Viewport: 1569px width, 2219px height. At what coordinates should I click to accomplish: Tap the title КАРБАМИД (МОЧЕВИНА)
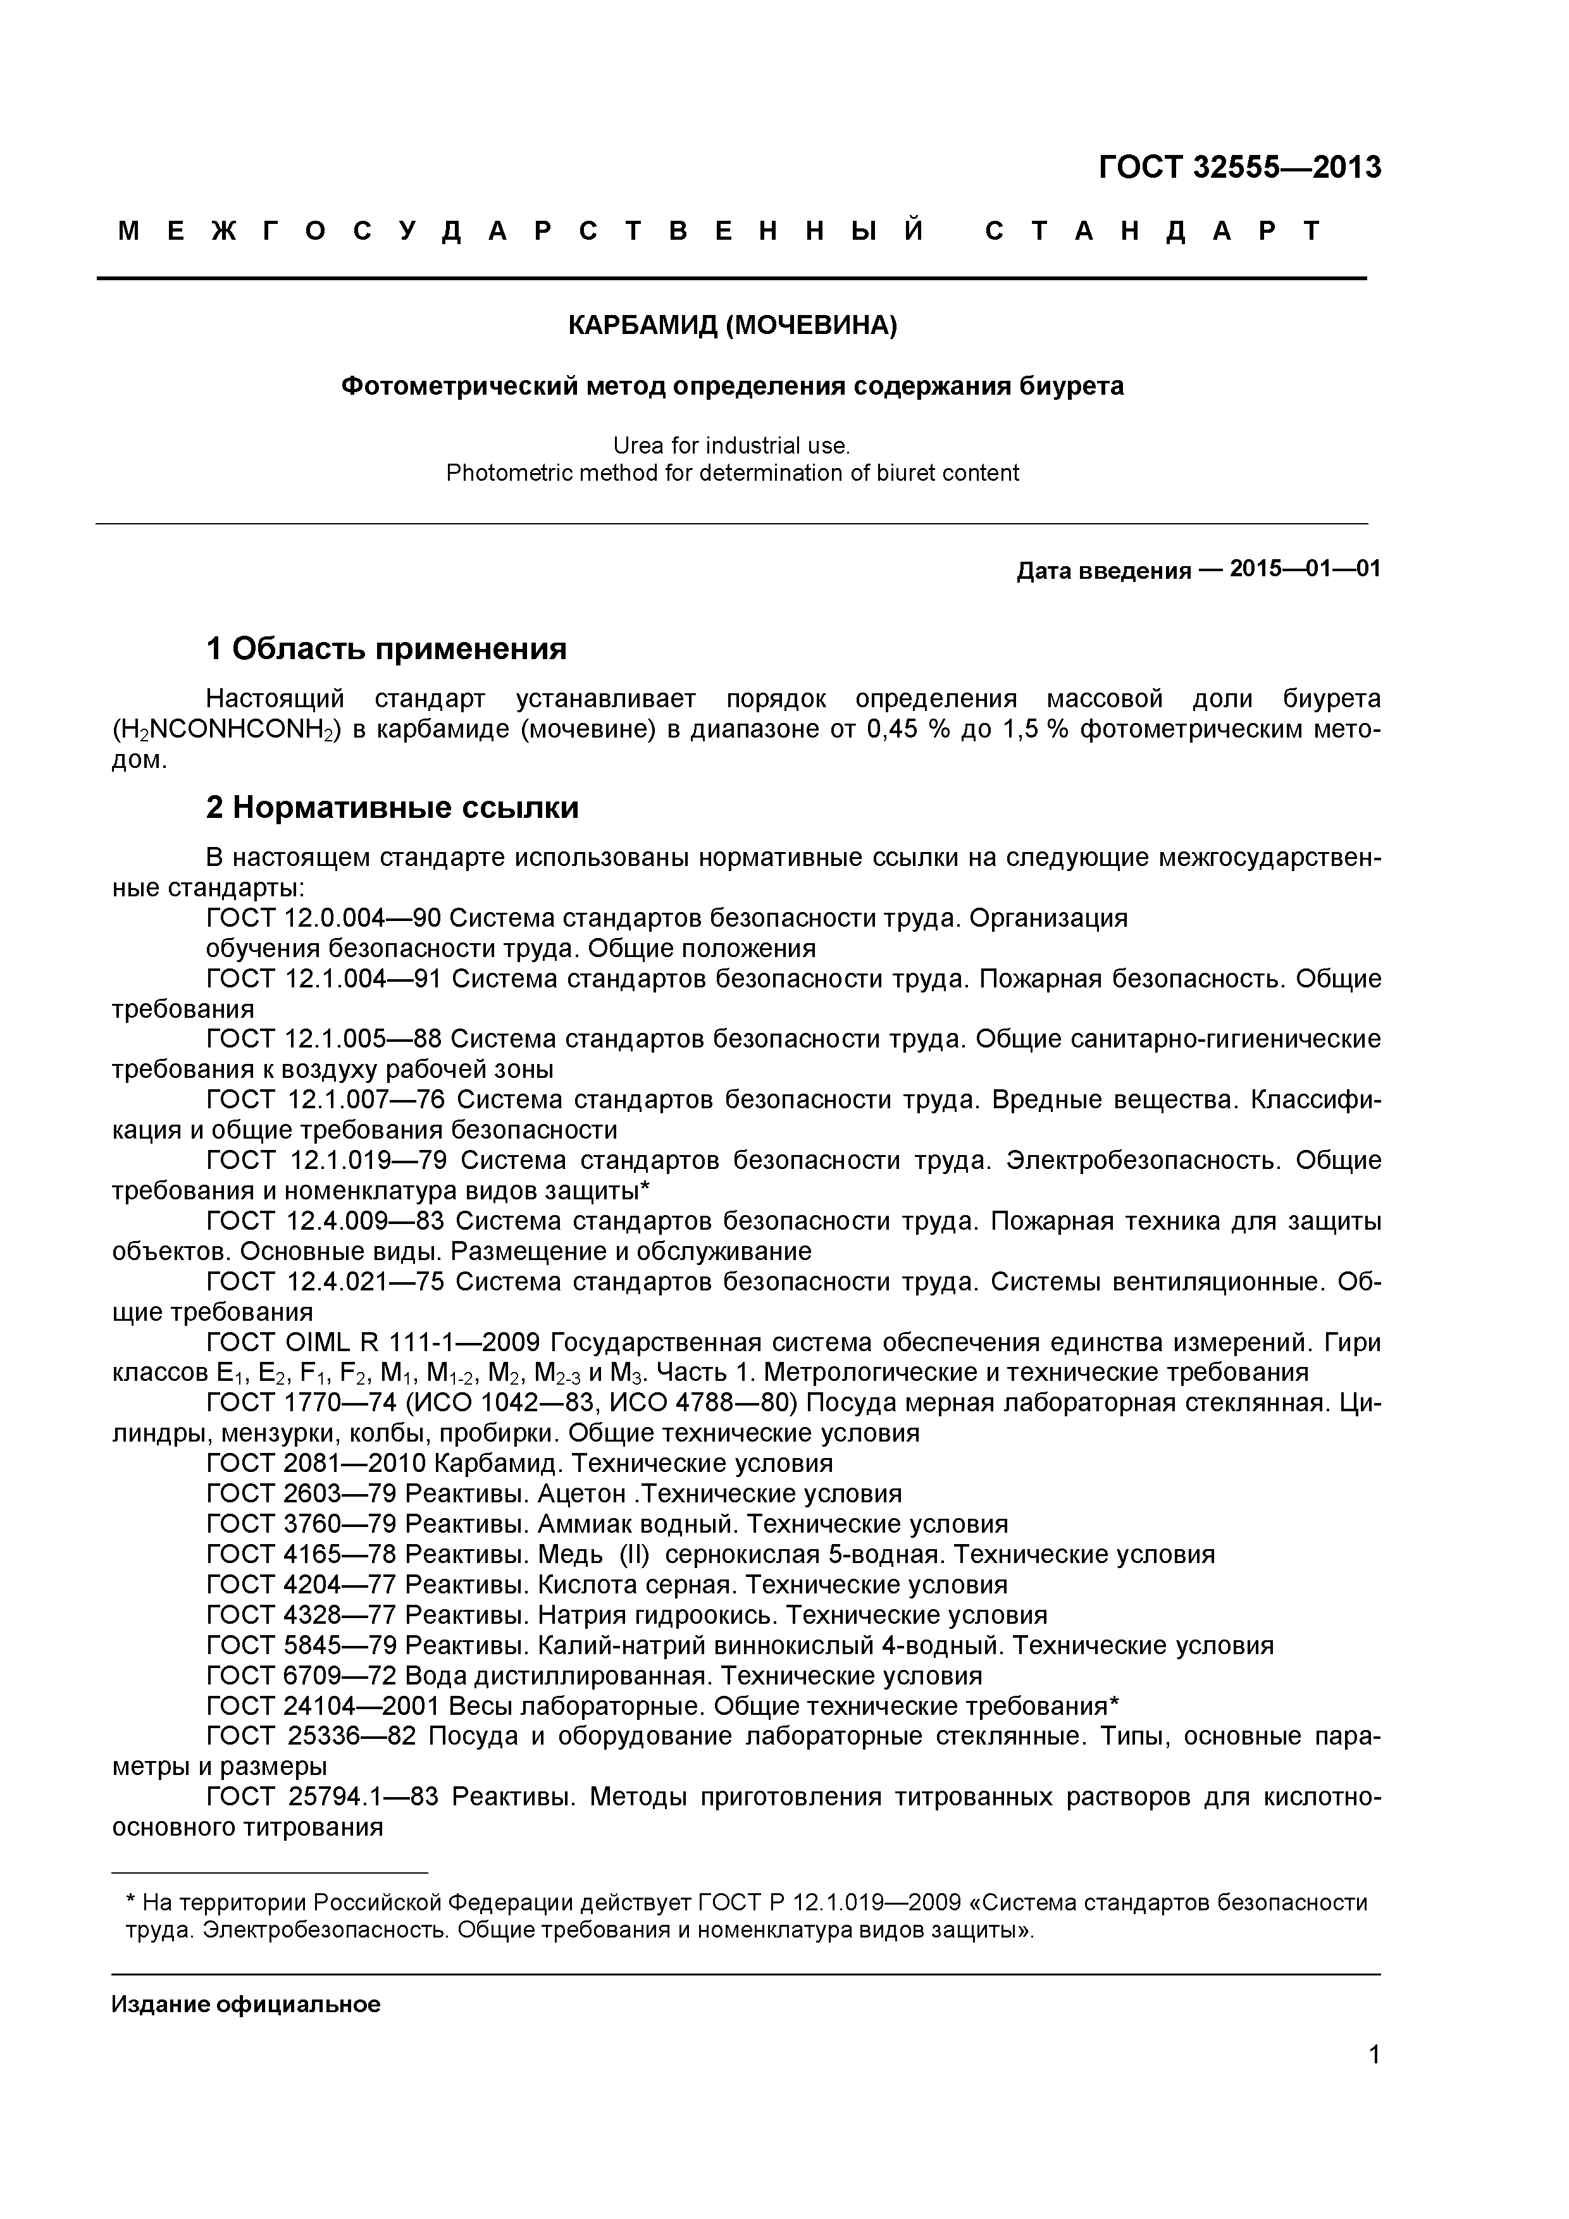point(732,326)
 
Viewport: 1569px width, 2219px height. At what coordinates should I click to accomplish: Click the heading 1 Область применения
point(386,648)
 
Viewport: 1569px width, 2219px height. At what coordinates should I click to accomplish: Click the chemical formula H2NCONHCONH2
point(225,730)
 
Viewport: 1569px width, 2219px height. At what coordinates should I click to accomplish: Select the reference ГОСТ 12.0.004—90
point(324,918)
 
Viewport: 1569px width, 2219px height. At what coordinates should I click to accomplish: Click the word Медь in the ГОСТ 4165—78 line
point(571,1555)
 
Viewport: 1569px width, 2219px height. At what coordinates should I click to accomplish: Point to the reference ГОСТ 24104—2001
point(316,1706)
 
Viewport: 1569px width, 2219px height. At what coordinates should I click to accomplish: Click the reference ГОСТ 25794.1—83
point(324,1796)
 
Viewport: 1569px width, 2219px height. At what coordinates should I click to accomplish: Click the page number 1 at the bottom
point(1374,2082)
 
